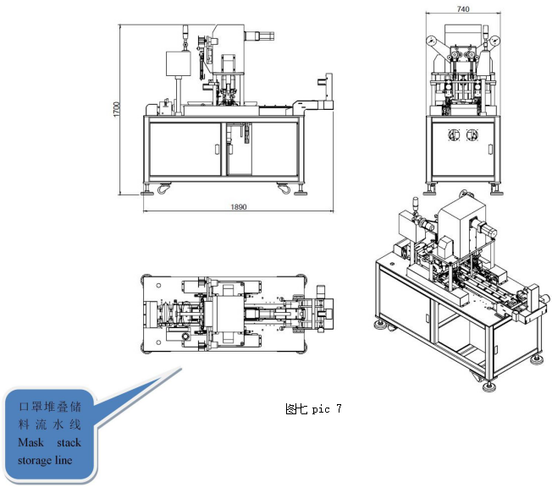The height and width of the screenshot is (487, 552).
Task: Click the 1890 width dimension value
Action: (239, 207)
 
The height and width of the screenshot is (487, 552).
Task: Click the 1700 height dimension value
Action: (117, 109)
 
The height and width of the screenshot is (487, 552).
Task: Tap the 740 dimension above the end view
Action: (463, 8)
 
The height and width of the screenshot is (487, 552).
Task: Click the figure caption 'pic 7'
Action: (326, 409)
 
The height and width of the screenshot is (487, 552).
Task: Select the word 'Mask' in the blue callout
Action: (31, 442)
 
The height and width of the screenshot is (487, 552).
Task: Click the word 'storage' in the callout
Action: (35, 460)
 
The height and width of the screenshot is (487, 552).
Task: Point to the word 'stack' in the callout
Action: (69, 442)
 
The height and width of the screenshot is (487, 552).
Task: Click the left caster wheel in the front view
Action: (163, 189)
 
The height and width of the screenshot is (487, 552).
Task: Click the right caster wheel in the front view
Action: (284, 189)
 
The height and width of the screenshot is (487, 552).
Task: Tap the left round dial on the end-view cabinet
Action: (454, 134)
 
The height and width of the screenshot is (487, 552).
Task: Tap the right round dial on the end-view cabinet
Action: (472, 134)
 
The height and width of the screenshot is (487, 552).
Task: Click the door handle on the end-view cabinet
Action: (490, 149)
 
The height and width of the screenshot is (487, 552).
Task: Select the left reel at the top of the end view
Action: (431, 41)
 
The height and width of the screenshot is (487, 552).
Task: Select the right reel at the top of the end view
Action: (494, 41)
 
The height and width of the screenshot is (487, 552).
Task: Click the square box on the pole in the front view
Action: (179, 63)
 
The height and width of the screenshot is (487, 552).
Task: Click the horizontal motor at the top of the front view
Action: (259, 36)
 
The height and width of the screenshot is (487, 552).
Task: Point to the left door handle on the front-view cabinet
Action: (218, 149)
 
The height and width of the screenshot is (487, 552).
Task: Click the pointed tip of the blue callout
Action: (181, 369)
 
